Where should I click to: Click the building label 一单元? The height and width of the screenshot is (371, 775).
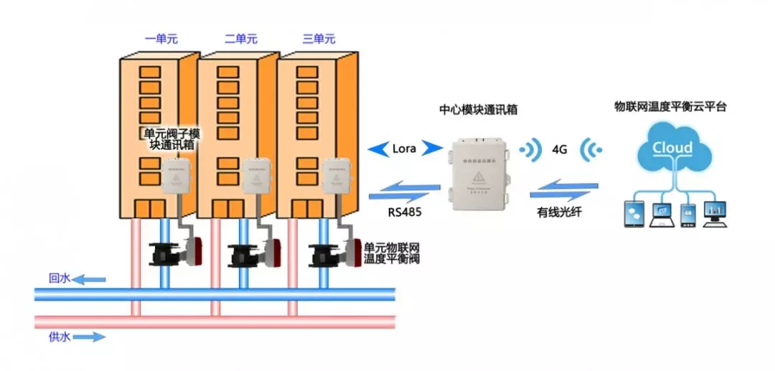point(161,39)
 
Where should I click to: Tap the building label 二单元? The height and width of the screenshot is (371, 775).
point(240,39)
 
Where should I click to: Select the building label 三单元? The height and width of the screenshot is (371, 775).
point(319,39)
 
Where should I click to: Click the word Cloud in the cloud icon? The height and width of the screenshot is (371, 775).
point(672,149)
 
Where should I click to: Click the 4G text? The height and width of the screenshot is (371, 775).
point(560,150)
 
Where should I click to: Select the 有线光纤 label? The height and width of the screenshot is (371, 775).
point(560,212)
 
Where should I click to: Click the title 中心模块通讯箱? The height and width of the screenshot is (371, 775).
point(479,111)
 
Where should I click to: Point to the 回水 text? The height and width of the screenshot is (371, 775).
point(59,278)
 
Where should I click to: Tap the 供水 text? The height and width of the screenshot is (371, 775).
point(59,335)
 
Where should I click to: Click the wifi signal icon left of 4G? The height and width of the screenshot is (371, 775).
point(531,150)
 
